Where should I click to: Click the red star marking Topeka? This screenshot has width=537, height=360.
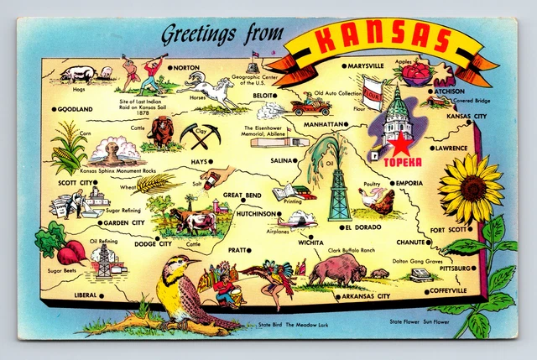tap(392, 142)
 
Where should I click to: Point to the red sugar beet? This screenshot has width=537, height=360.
tap(72, 250)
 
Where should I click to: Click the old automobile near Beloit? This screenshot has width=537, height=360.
tap(310, 106)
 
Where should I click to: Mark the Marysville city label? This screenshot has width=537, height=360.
tap(366, 65)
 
